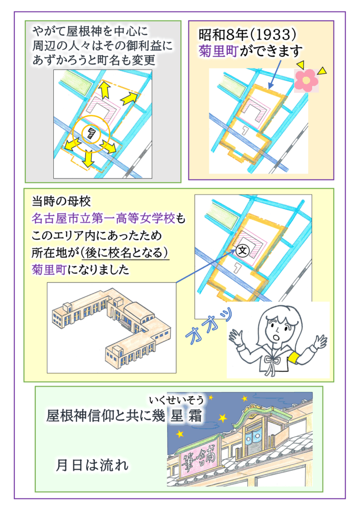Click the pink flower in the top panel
pyautogui.click(x=306, y=80)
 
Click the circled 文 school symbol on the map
pyautogui.click(x=242, y=251)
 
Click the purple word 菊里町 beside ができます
pyautogui.click(x=218, y=51)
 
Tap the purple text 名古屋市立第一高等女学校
pyautogui.click(x=104, y=218)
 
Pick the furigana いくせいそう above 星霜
pyautogui.click(x=177, y=400)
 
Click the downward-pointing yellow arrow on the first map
pyautogui.click(x=88, y=159)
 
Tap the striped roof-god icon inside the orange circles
pyautogui.click(x=91, y=133)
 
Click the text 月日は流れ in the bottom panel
pyautogui.click(x=92, y=466)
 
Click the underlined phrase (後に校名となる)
pyautogui.click(x=125, y=253)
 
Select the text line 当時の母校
pyautogui.click(x=61, y=201)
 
